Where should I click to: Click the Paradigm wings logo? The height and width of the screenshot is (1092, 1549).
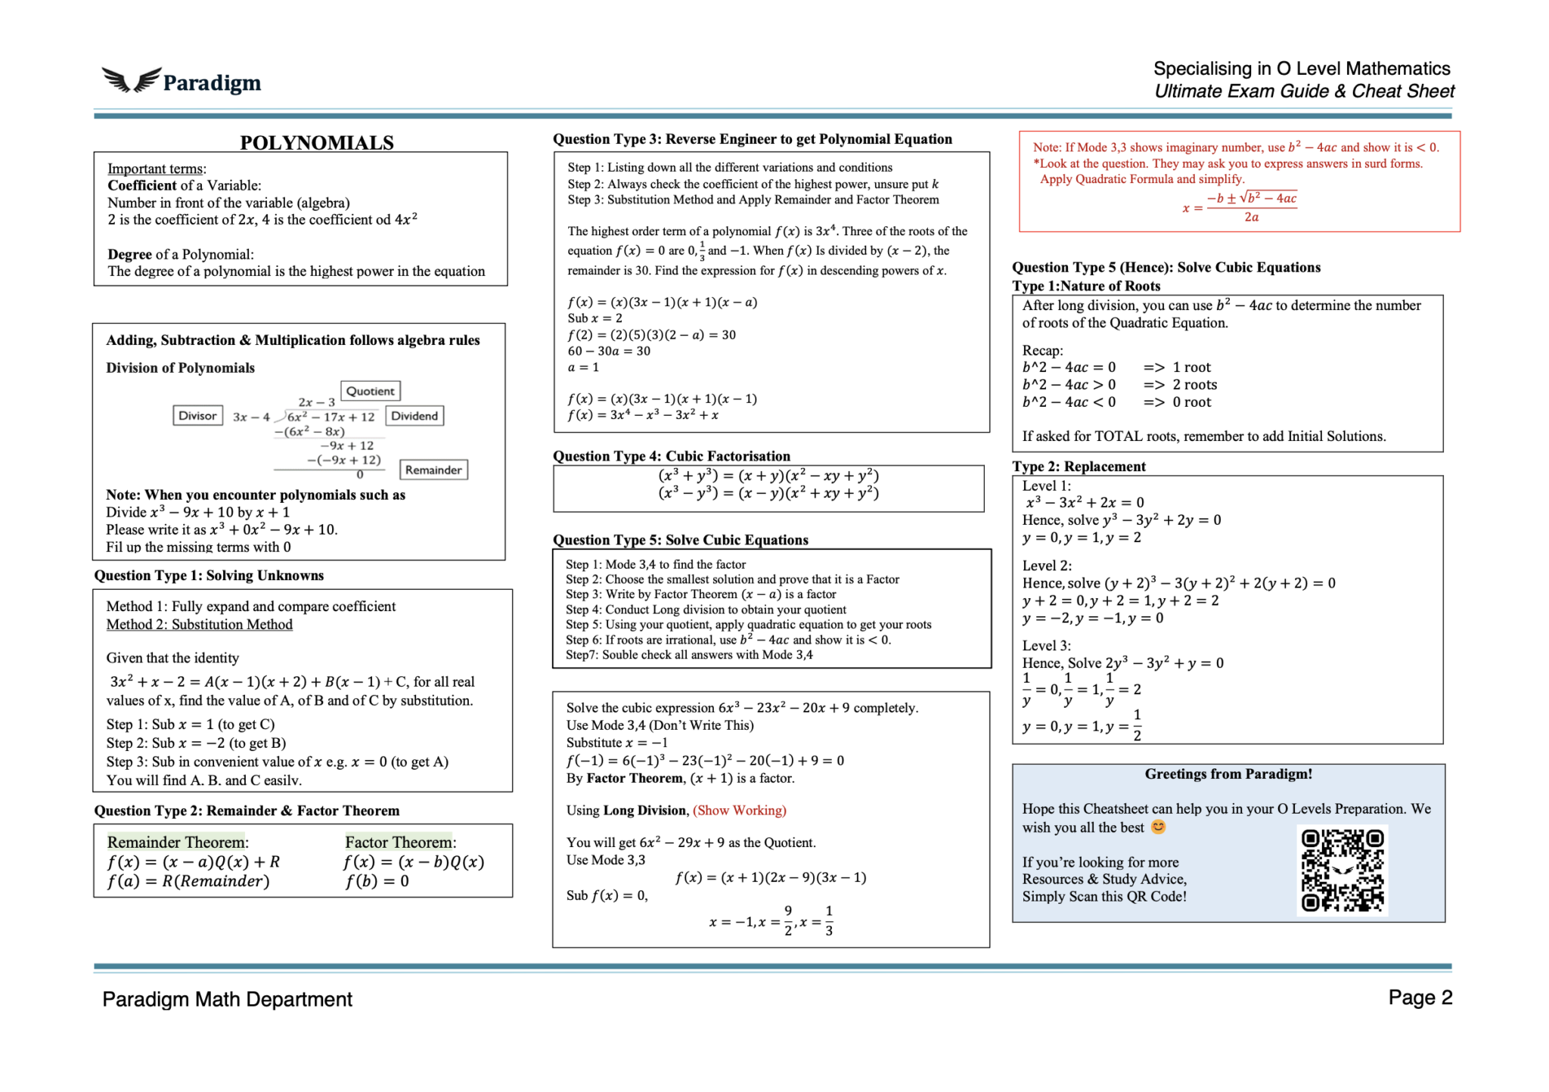(132, 80)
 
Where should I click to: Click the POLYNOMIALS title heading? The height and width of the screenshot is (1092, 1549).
(317, 142)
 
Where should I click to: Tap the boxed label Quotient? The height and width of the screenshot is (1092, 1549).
(370, 391)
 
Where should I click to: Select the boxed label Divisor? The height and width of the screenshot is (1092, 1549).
(197, 415)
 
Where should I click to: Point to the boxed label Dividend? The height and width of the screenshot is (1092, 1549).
(414, 416)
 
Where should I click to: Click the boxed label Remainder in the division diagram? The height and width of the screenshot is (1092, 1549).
(433, 470)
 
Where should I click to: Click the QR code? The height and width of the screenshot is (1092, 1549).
(1342, 870)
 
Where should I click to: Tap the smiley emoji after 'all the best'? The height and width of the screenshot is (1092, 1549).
(1158, 827)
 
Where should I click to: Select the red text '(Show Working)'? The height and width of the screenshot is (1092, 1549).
(739, 810)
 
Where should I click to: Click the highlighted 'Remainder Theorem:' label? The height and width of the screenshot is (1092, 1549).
(178, 842)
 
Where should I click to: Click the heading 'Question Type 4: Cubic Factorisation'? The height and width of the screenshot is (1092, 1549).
(671, 456)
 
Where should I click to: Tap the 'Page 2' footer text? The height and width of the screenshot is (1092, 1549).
(1420, 997)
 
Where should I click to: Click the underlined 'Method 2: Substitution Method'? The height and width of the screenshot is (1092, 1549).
(199, 624)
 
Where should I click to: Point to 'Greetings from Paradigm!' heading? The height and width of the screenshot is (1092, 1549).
(1228, 774)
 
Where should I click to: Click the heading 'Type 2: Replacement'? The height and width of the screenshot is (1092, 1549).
(1079, 466)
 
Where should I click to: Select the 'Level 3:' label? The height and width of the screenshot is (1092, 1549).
(1046, 645)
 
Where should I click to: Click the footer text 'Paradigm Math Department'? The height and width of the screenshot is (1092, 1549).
(227, 999)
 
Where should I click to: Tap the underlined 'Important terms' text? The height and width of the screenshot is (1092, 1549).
(155, 169)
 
